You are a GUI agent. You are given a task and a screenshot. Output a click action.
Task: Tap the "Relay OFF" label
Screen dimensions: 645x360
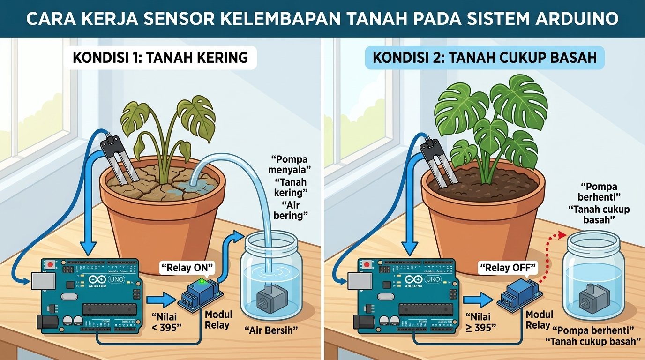(x=508, y=268)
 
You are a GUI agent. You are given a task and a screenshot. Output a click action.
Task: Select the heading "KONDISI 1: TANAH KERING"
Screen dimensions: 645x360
(x=160, y=58)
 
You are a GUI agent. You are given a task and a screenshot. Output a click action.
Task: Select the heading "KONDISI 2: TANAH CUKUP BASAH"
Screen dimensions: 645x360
(x=485, y=58)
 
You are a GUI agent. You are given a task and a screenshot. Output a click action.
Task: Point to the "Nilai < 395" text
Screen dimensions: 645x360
(x=166, y=322)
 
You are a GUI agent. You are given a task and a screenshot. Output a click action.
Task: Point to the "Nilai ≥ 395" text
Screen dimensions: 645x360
(x=480, y=322)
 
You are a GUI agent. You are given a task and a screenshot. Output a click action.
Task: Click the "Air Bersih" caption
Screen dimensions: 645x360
(x=271, y=330)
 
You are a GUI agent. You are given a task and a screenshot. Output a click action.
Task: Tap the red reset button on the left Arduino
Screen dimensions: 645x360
(x=51, y=264)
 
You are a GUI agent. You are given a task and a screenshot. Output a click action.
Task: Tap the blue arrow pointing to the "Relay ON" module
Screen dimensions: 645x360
(x=161, y=300)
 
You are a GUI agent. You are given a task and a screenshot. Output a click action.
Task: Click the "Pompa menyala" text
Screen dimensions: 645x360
(x=290, y=164)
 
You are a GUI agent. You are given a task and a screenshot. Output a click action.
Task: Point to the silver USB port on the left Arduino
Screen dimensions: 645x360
(x=43, y=281)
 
